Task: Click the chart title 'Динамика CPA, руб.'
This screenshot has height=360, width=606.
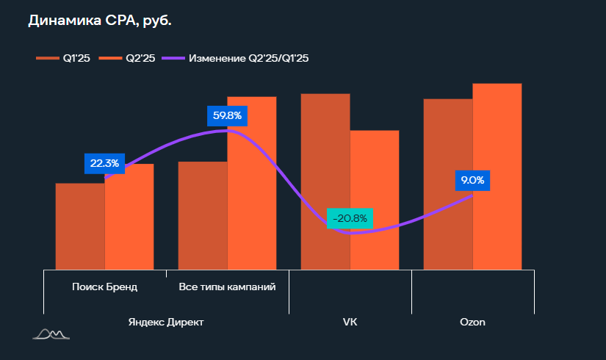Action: click(100, 21)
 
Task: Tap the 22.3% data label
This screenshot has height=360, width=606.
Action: click(105, 163)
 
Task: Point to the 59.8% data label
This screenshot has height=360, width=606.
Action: click(227, 115)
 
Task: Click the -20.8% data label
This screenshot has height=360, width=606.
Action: click(350, 219)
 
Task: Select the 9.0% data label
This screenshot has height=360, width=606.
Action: click(472, 180)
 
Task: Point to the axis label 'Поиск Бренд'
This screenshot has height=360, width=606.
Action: click(105, 287)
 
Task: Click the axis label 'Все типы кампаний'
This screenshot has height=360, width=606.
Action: click(227, 287)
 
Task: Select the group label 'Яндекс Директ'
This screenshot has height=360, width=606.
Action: click(166, 322)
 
